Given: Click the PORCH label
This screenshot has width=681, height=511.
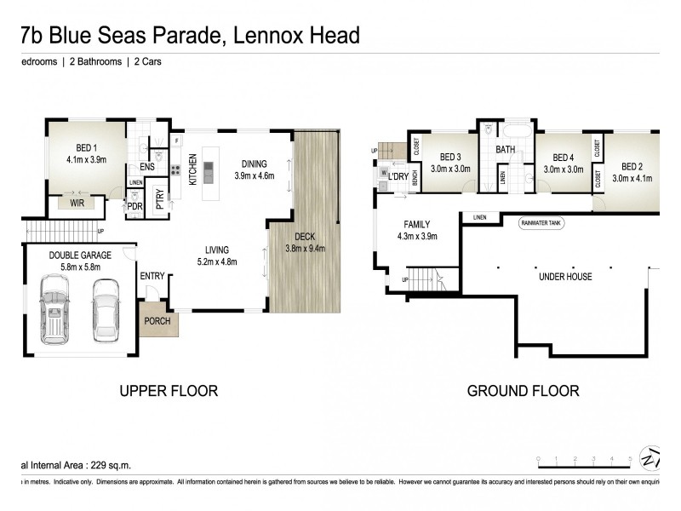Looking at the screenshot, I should (x=157, y=321).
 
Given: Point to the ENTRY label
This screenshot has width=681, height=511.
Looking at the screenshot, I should (x=153, y=275).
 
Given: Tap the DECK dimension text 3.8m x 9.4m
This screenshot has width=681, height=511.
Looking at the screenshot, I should (x=305, y=249).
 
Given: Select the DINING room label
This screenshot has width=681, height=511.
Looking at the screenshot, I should (x=254, y=164).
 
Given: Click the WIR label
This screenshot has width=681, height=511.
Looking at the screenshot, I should (x=77, y=204).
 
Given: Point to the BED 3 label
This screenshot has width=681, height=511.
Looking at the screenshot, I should (x=450, y=157).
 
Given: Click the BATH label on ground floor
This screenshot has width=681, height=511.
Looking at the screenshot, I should (x=506, y=150).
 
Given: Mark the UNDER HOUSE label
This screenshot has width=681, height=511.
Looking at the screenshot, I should (x=564, y=277).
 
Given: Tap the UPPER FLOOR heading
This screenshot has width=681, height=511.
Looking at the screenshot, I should (x=169, y=391).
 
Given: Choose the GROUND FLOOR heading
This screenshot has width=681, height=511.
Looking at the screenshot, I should (x=523, y=391).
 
